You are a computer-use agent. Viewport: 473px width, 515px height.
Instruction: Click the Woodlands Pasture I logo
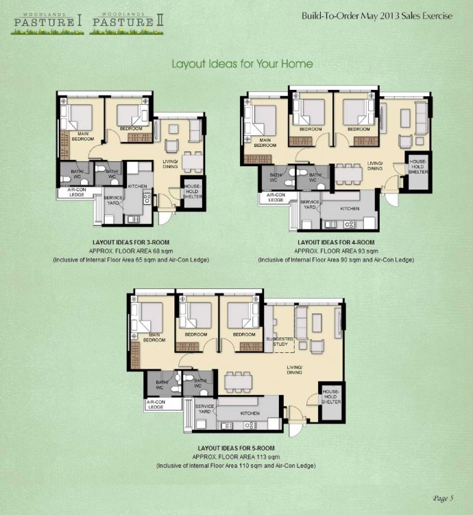(x=47, y=23)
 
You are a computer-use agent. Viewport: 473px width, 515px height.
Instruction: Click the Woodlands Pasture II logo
(x=127, y=23)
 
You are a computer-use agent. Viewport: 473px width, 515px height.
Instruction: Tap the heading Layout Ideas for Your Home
(x=242, y=64)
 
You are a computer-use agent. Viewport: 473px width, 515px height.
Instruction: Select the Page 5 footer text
(x=443, y=499)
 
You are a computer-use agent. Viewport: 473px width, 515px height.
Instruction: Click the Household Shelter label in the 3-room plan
(x=192, y=192)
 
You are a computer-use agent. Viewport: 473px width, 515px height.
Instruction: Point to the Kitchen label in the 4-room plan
(x=350, y=209)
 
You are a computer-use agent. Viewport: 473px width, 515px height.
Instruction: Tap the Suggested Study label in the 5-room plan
(x=280, y=341)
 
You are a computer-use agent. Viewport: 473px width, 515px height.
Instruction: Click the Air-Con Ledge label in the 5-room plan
(x=156, y=404)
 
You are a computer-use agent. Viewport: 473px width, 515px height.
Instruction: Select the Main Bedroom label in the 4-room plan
(x=265, y=143)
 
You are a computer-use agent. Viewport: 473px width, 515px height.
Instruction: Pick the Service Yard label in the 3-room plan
(x=113, y=201)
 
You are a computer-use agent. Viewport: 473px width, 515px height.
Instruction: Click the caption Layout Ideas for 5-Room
(x=236, y=448)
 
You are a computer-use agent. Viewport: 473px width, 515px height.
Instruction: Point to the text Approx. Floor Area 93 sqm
(x=336, y=251)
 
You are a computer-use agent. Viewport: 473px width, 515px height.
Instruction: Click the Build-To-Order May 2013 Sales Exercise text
(x=377, y=16)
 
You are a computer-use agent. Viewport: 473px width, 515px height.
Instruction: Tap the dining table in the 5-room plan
(x=239, y=382)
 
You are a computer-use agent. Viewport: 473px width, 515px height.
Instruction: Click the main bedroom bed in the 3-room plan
(x=77, y=117)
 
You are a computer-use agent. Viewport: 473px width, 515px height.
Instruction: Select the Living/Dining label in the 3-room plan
(x=170, y=164)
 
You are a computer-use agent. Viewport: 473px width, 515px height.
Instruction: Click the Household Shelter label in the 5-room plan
(x=331, y=397)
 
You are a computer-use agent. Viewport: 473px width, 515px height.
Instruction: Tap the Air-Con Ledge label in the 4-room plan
(x=276, y=197)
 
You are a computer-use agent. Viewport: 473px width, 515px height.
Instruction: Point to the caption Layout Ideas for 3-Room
(x=131, y=242)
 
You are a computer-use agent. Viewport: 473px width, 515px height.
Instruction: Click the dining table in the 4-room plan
(x=349, y=174)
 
